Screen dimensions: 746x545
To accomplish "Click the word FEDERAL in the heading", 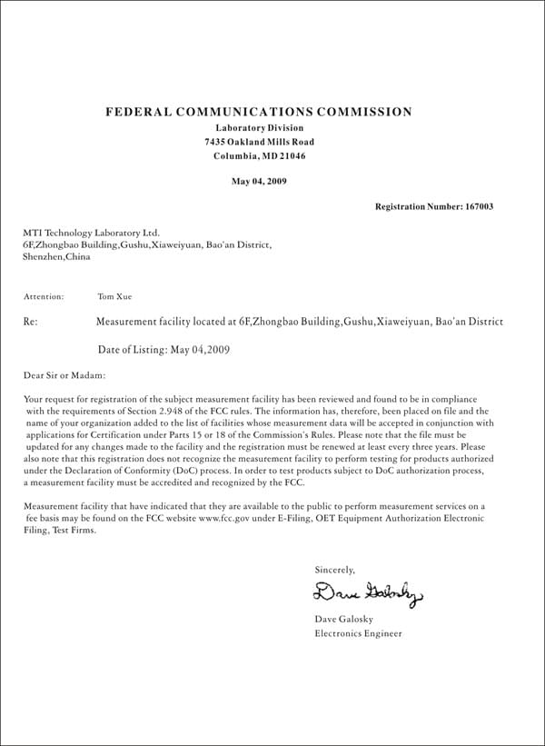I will click(139, 112).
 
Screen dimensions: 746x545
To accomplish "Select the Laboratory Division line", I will click(259, 128).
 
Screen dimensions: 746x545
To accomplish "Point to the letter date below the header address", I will click(259, 181).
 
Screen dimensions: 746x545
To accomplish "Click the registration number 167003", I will click(478, 207).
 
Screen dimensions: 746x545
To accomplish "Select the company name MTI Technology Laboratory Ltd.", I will click(90, 233).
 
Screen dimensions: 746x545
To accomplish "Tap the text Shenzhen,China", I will click(55, 257).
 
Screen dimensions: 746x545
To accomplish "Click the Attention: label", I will click(44, 296).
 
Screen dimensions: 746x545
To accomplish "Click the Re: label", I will click(30, 322).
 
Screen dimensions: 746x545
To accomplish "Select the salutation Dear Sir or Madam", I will click(64, 374).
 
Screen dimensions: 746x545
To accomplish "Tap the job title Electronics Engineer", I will click(358, 633).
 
